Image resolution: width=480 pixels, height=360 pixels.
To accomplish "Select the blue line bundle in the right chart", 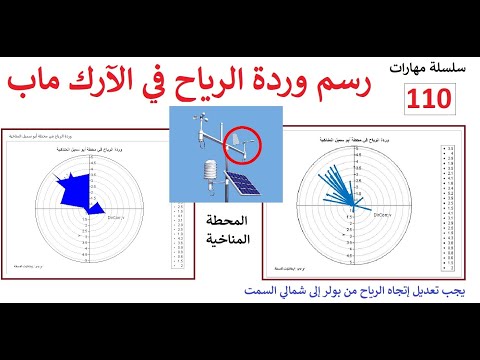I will coord(342,180).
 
